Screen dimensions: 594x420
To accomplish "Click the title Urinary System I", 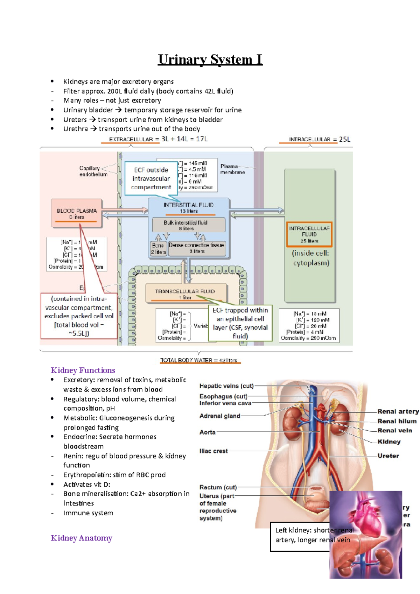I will pos(210,59).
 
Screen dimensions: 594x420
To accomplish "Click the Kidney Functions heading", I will pos(83,370).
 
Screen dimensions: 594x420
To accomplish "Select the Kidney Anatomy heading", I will pos(82,538).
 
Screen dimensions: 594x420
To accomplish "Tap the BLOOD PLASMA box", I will pos(77,213).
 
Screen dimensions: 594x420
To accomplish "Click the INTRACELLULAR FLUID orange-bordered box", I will pos(309,234).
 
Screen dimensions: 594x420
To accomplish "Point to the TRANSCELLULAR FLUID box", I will pos(185,293).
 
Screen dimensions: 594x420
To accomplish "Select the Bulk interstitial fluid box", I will pos(188,225).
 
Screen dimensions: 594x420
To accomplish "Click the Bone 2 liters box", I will pos(158,248).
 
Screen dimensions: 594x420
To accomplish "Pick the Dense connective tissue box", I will pos(197,248).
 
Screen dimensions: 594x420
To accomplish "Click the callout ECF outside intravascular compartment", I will pos(151,178).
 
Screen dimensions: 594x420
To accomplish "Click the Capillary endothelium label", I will pos(93,171).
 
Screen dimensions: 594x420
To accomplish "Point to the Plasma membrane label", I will pos(232,169).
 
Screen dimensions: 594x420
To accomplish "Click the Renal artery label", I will pos(398,411).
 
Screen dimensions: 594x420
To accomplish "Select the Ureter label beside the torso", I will pos(388,455).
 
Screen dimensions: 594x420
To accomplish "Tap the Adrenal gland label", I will pos(220,416).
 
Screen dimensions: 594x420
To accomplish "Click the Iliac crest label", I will pos(213,451).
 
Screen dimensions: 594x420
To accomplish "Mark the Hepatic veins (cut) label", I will pos(226,386).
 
